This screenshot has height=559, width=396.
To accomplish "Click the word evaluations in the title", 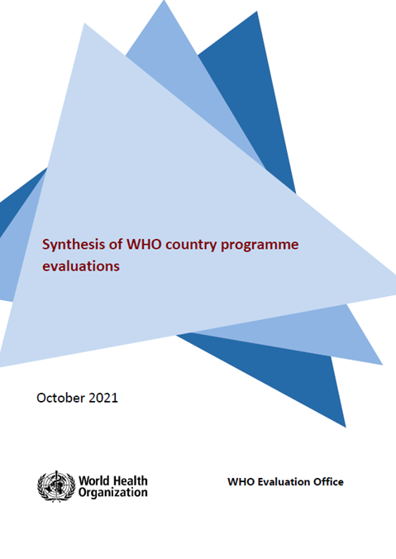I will [x=82, y=266].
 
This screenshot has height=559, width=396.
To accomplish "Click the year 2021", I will [x=103, y=398].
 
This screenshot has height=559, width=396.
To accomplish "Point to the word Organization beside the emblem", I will [x=112, y=492].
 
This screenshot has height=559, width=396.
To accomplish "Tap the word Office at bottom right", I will [x=328, y=481].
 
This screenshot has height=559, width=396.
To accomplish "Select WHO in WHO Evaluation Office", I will [x=240, y=481].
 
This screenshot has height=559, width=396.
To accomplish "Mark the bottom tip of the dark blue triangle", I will [x=344, y=426].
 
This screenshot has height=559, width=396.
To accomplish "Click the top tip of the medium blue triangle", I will [x=165, y=2].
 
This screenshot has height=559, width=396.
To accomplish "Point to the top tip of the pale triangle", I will [x=85, y=24].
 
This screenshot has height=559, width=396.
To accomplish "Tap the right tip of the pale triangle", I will [x=394, y=294].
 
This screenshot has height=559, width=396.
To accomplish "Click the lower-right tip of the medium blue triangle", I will [x=381, y=363].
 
